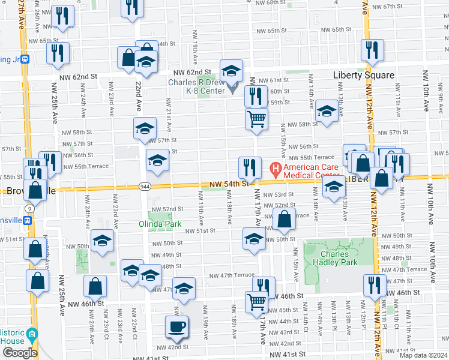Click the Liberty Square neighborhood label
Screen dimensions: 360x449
tap(364, 75)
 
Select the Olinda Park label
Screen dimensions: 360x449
tap(165, 224)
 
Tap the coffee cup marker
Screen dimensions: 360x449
tap(176, 327)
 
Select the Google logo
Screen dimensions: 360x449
tap(19, 353)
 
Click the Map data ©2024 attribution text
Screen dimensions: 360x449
tap(424, 355)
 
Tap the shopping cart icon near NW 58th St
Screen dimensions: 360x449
tap(256, 118)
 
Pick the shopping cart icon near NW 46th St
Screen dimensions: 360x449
tap(256, 302)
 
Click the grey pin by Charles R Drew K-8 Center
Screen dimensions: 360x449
tap(234, 90)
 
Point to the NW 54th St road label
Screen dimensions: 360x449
tap(229, 184)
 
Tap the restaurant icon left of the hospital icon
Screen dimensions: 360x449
tap(250, 167)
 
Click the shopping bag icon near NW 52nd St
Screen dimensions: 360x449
tap(285, 220)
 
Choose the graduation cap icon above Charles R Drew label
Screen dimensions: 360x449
tap(231, 71)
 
